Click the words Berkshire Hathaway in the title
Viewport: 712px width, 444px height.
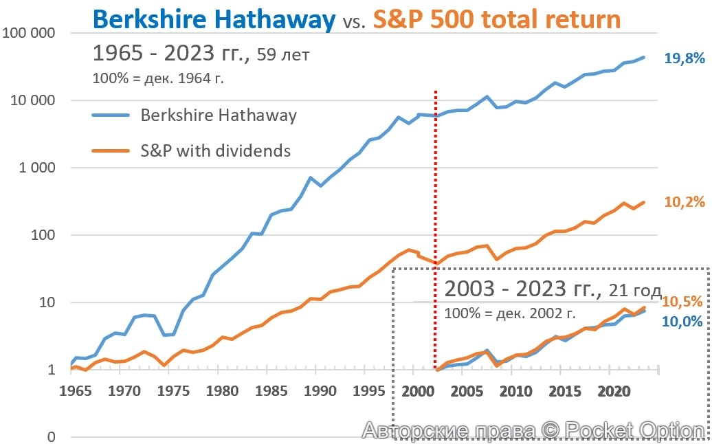click(213, 19)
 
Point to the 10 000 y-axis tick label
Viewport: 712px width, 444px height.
click(32, 100)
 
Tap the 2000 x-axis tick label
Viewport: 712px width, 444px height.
click(416, 392)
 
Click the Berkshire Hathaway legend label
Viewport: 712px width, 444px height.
click(219, 115)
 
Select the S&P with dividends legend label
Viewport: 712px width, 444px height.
click(215, 151)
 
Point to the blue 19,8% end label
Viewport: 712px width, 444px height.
click(685, 59)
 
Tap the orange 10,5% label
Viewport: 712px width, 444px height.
click(683, 302)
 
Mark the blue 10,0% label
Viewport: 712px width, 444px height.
click(683, 321)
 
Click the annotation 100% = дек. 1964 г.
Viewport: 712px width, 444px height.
click(159, 78)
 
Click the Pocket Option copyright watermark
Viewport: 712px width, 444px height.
click(533, 431)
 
